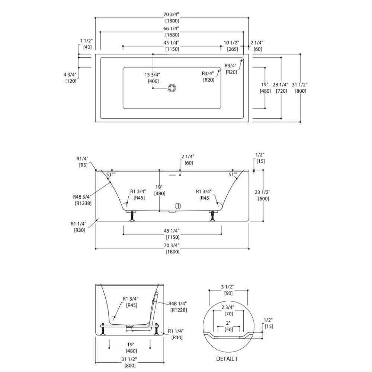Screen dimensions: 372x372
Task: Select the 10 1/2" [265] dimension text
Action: (x=231, y=46)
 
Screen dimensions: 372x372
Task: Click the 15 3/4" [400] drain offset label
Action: (x=153, y=78)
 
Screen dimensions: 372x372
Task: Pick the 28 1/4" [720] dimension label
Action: (x=280, y=88)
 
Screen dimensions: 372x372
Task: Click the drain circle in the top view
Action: (x=172, y=88)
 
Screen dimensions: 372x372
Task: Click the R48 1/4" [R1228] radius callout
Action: (x=177, y=307)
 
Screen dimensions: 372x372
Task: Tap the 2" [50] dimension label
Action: (x=228, y=326)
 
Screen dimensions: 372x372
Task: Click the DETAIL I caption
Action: (x=227, y=359)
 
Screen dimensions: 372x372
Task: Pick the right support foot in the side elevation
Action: (x=213, y=215)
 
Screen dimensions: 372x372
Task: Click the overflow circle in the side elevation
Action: (x=178, y=206)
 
